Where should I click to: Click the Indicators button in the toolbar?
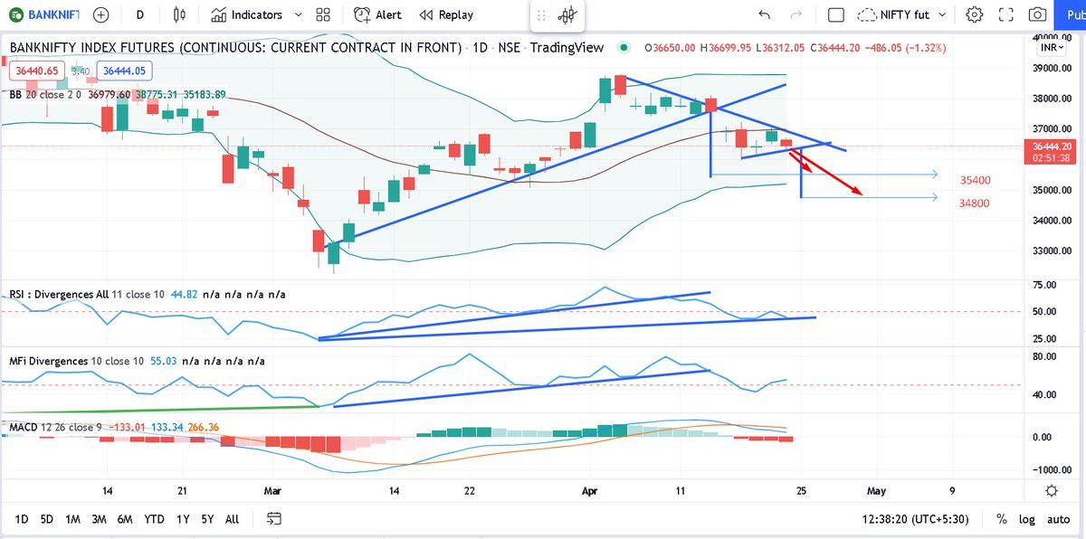247,15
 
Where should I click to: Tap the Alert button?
378,15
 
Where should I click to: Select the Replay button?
446,15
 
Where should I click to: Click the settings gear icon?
974,15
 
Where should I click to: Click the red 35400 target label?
975,181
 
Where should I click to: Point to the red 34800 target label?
975,203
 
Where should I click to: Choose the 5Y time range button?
207,519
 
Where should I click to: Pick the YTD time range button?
154,519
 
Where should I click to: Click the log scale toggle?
1026,519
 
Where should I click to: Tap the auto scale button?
1058,519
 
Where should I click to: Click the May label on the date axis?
876,490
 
